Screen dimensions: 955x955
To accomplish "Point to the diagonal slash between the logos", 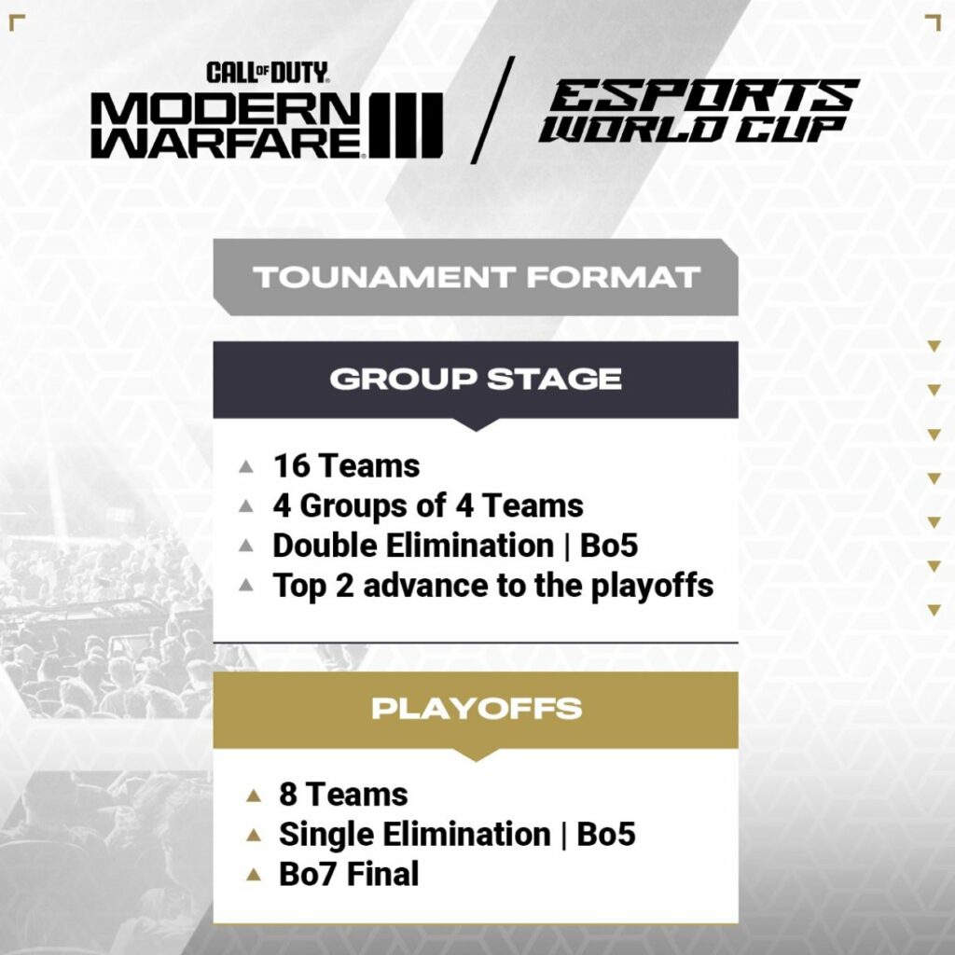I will (x=493, y=109).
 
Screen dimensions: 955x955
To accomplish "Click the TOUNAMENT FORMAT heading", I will (x=476, y=277).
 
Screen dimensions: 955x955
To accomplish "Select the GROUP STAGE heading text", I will (x=476, y=379).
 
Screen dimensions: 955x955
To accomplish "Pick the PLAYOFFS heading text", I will (x=476, y=708).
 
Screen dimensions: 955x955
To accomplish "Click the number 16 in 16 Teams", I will (x=290, y=465).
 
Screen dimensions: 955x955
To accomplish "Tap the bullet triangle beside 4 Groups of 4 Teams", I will (x=246, y=506).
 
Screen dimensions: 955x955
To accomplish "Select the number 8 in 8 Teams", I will (x=288, y=795).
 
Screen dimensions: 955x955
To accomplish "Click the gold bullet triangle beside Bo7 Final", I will (x=253, y=875).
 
